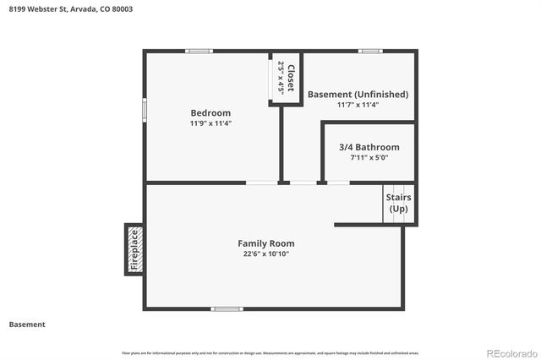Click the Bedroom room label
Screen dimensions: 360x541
coord(210,113)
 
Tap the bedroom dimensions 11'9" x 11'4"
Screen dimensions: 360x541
coord(210,123)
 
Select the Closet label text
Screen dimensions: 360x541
coord(291,78)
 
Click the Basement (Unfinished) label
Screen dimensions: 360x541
coord(358,95)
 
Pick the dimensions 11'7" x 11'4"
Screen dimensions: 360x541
coord(358,105)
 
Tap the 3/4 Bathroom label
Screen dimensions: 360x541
coord(369,147)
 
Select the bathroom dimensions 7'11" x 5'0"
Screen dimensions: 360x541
coord(369,157)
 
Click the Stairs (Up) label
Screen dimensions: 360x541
coord(399,203)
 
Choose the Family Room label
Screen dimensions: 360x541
coord(265,243)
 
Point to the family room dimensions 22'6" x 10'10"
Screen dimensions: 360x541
coord(265,254)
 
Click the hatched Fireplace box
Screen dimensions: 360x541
coord(134,249)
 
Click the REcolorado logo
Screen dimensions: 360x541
coord(510,352)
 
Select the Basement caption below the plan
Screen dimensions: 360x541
coord(27,325)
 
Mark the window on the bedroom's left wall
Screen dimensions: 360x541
coord(144,110)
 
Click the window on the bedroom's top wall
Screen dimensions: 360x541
coord(199,52)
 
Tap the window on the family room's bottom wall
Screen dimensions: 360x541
coord(226,308)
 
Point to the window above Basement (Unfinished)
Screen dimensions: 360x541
coord(369,52)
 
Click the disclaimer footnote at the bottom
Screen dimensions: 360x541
coord(270,352)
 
